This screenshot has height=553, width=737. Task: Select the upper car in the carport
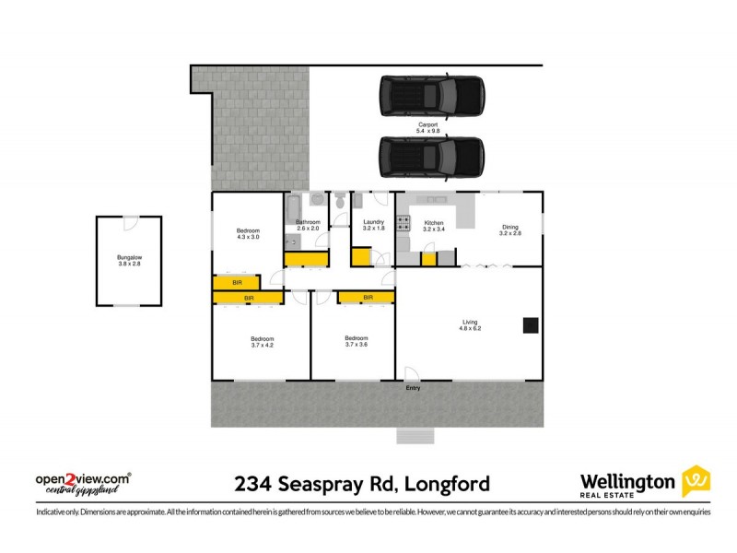pos(431,95)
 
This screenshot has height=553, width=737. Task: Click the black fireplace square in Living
pos(530,324)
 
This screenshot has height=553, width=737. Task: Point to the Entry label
pos(414,388)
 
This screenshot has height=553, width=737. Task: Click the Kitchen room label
pos(433,222)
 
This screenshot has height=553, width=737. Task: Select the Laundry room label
pos(373,222)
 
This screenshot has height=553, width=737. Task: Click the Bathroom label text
pos(308,222)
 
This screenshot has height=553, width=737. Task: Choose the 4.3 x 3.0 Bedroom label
pos(248,230)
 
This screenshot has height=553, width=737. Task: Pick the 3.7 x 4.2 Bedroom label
pos(263,338)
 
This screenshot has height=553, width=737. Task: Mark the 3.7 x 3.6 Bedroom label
pos(357,338)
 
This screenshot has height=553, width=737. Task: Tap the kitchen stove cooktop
pos(403,222)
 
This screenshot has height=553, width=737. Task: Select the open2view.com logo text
pos(81,478)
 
